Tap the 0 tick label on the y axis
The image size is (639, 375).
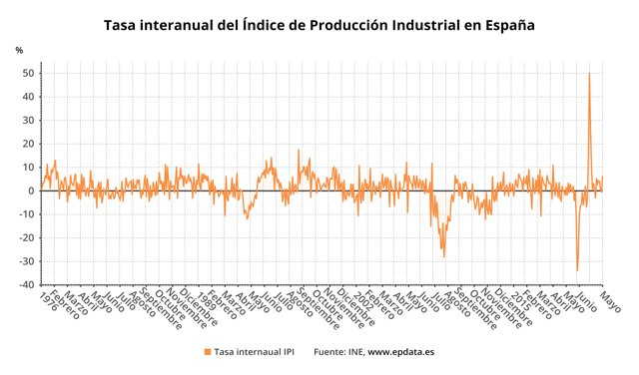click(32, 190)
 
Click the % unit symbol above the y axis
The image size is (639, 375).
click(19, 50)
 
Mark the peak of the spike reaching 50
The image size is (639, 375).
click(589, 73)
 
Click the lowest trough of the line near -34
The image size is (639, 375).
click(577, 270)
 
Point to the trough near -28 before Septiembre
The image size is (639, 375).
click(444, 257)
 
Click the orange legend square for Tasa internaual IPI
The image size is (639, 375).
click(208, 352)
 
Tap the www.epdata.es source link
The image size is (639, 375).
click(400, 352)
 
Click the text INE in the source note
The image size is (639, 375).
click(353, 352)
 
